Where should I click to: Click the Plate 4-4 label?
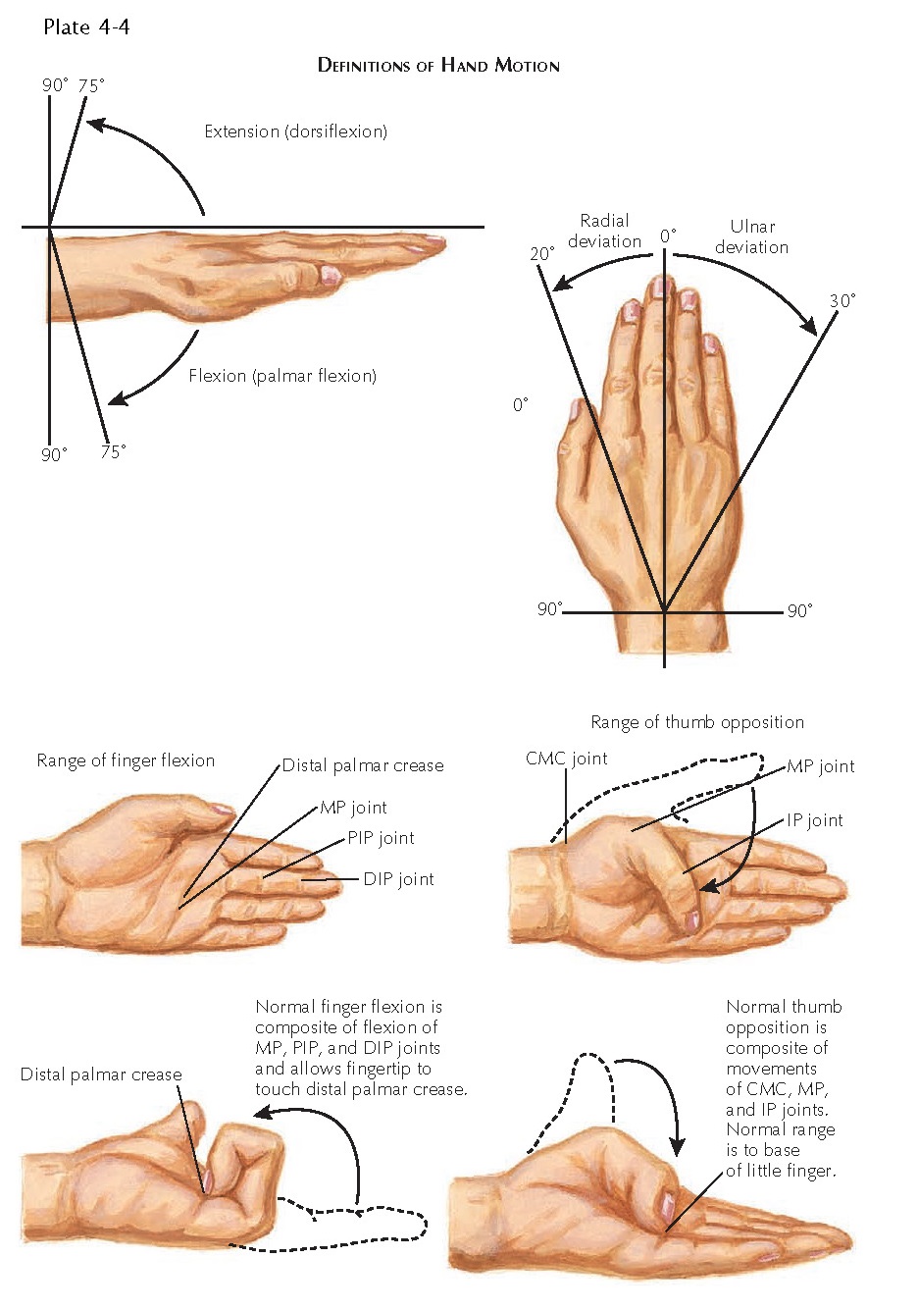coord(86,27)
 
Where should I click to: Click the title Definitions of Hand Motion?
coord(438,66)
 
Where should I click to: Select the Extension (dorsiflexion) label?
coord(295,131)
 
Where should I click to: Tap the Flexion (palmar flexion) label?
coord(282,376)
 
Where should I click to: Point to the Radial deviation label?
coord(604,231)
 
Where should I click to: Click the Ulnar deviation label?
coord(751,236)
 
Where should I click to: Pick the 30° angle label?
coord(841,300)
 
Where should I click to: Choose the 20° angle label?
coord(541,254)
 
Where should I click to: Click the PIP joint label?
coord(381,838)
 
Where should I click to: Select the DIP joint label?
coord(398,879)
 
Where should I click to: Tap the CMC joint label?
coord(566,759)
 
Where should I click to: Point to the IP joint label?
coord(814,820)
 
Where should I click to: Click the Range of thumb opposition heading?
coord(696,722)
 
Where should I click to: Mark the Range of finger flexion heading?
coord(126,760)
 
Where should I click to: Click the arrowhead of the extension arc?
coord(92,124)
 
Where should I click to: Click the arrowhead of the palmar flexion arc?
coord(116,398)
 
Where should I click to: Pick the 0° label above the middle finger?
coord(667,236)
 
